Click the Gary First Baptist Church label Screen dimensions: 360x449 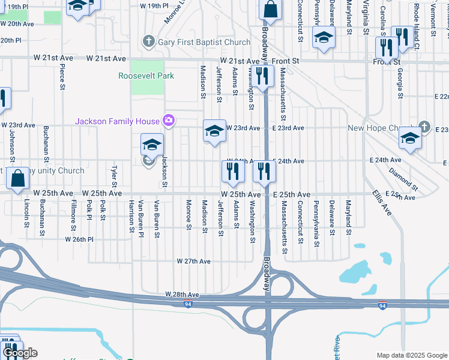204,42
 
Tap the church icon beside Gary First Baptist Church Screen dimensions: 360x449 149,42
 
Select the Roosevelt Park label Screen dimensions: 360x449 146,76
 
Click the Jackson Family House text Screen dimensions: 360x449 117,121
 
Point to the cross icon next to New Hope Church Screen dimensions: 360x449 424,127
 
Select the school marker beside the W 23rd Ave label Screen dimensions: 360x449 214,131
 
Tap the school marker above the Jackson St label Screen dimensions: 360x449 152,145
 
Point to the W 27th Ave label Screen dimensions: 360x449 193,262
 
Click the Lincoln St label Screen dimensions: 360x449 26,214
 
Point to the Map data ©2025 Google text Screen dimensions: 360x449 411,355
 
